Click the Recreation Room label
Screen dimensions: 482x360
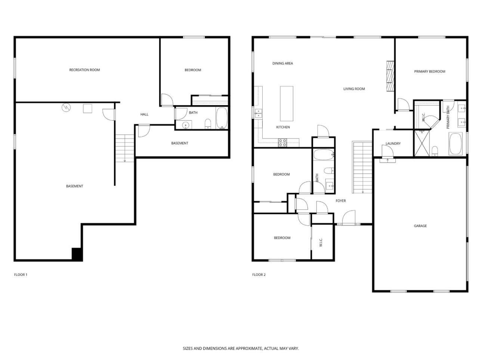[x=84, y=70]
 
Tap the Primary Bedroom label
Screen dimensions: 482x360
[x=430, y=71]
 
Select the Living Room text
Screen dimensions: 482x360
[x=354, y=89]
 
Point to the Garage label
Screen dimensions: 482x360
[x=420, y=225]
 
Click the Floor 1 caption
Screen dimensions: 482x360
[x=21, y=274]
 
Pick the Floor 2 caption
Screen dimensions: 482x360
[x=259, y=274]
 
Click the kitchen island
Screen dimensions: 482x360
[x=287, y=104]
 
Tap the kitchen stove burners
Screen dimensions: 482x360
[x=282, y=143]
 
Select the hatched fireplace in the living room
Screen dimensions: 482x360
[x=390, y=76]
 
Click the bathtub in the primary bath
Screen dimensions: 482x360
[x=455, y=144]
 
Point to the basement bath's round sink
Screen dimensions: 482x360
[x=186, y=125]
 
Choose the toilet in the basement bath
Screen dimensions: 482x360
[x=208, y=124]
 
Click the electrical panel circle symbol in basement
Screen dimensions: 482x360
[x=66, y=107]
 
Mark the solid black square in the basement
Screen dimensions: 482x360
[x=77, y=254]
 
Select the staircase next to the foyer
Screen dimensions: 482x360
[x=362, y=167]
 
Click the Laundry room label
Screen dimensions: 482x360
[x=393, y=144]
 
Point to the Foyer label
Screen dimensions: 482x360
[x=341, y=200]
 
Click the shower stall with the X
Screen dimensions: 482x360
[x=421, y=143]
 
